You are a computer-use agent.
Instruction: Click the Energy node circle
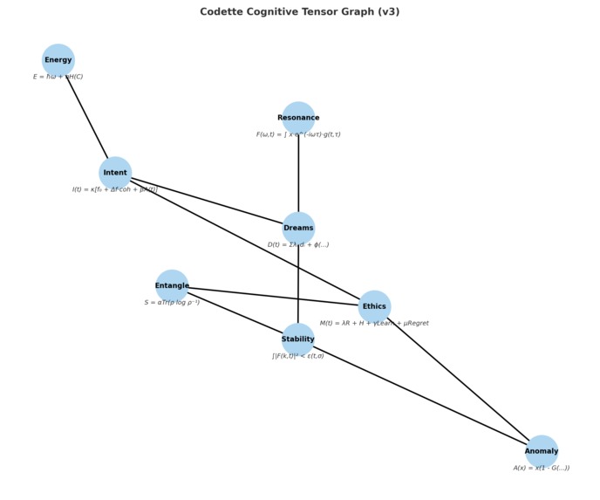pos(58,60)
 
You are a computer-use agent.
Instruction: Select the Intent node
pos(115,173)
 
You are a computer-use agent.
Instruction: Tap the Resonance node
pos(298,118)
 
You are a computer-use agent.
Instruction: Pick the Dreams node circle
pos(298,228)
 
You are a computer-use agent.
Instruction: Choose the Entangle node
pos(172,285)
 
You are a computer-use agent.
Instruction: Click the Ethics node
pos(374,306)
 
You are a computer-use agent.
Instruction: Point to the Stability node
pos(298,339)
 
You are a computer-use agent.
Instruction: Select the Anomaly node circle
pos(542,451)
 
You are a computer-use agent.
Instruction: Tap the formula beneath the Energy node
pos(58,77)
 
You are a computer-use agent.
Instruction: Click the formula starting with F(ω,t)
pos(298,134)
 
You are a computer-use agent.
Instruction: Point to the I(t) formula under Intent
pos(115,189)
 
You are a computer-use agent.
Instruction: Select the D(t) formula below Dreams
pos(298,244)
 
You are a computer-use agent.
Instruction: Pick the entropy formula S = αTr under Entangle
pos(172,302)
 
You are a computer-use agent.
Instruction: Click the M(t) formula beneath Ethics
pos(374,323)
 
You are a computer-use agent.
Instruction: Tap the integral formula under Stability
pos(298,356)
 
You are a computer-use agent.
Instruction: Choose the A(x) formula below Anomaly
pos(542,468)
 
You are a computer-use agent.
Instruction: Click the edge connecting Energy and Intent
pos(87,117)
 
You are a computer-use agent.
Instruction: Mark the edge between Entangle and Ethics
pos(273,296)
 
